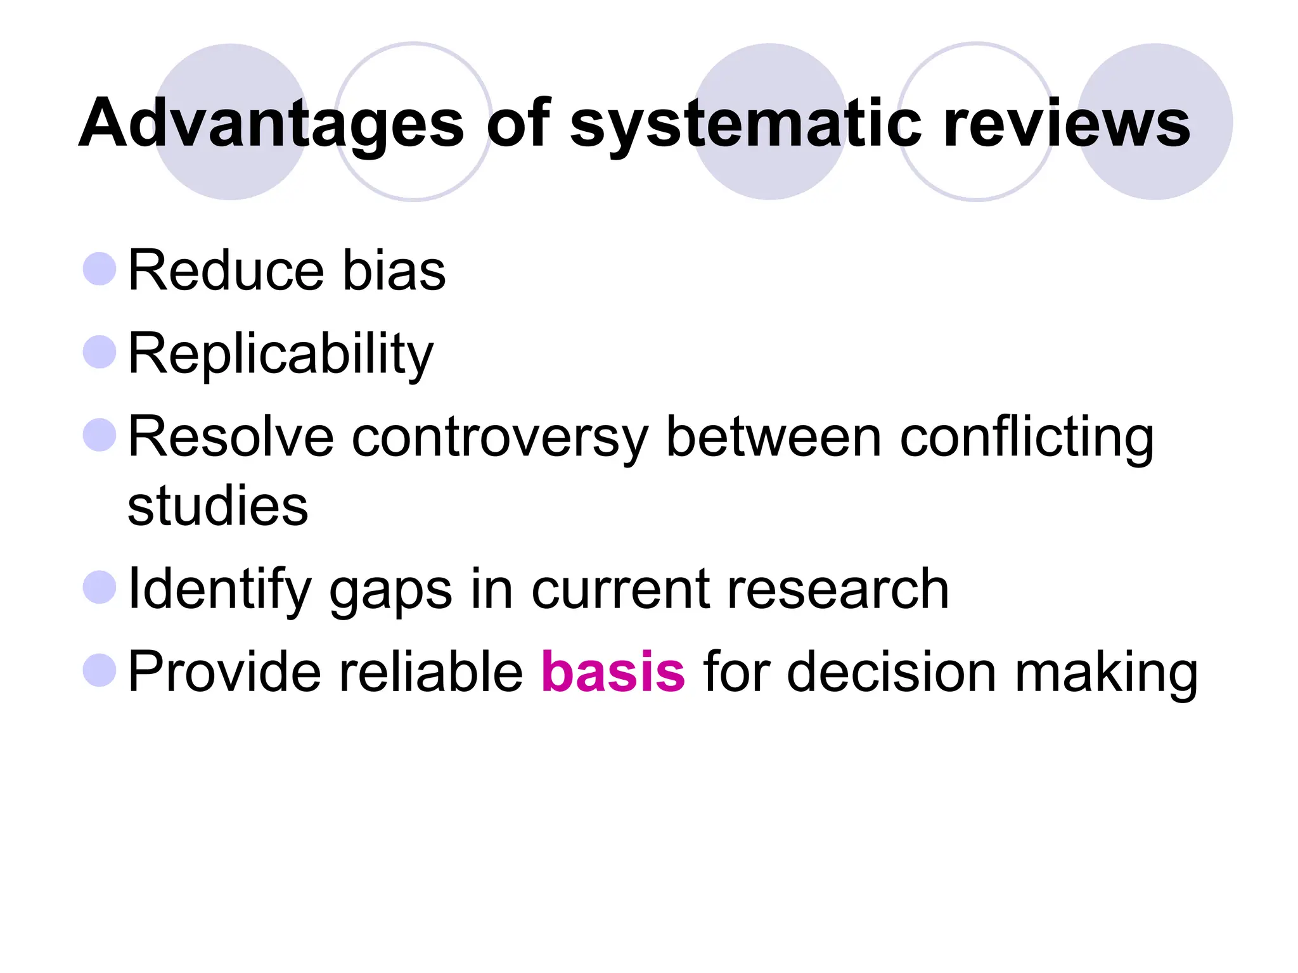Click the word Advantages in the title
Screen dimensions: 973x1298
(x=271, y=124)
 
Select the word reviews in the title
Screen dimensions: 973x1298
(x=1067, y=124)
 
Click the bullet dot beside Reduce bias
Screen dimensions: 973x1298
(x=100, y=269)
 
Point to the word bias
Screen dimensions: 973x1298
(x=394, y=270)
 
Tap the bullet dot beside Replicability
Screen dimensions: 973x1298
(x=100, y=352)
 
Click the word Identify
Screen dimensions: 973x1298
(x=219, y=589)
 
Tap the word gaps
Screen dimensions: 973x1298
(x=390, y=590)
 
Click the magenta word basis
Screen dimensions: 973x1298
(x=613, y=671)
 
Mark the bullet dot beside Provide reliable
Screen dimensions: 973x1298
(x=100, y=670)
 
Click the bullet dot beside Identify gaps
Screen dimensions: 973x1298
(x=100, y=587)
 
